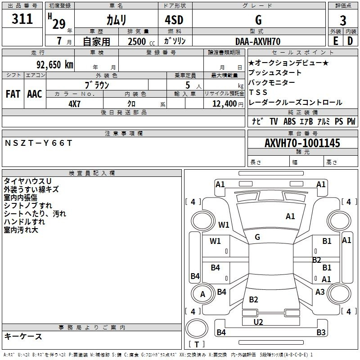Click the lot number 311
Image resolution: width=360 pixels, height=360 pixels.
point(22,19)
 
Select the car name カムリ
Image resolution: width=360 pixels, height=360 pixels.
point(116,20)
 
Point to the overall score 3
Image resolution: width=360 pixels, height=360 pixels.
point(343,21)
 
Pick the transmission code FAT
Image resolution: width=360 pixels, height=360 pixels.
point(13,94)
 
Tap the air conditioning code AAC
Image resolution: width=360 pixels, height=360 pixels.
point(35,94)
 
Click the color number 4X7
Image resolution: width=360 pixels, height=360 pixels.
point(74,103)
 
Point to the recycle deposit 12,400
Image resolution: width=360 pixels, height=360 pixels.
point(223,104)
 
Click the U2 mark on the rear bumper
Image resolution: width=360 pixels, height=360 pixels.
point(258,322)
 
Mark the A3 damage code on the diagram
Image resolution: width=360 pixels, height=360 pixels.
point(320,292)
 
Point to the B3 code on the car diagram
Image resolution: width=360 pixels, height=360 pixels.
point(321,333)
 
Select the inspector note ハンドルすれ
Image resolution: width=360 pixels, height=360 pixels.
point(24,222)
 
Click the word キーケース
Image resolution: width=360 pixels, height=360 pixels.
point(23,337)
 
